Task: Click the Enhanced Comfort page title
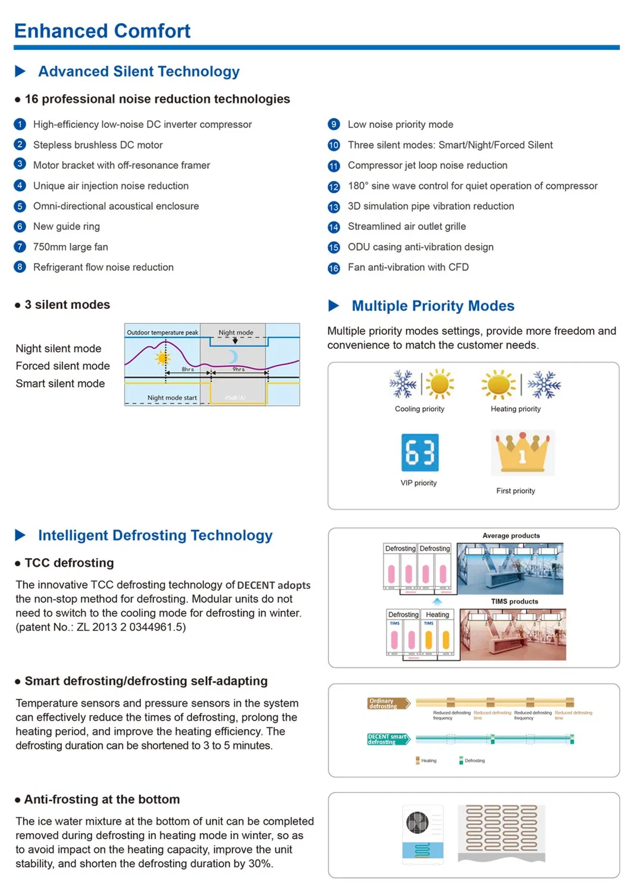[102, 31]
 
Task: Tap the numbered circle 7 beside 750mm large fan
[20, 247]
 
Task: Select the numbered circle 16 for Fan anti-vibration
[334, 268]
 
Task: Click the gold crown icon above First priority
[522, 452]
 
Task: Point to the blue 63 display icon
[420, 452]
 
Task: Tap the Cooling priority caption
[419, 409]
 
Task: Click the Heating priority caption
[515, 409]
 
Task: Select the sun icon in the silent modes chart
[162, 358]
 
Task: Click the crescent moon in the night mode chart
[233, 356]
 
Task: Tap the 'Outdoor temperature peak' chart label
[162, 332]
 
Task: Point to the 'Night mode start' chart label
[172, 398]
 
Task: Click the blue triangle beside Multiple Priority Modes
[334, 305]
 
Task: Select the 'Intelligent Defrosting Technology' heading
[155, 535]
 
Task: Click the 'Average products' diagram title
[511, 535]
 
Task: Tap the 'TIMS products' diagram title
[514, 601]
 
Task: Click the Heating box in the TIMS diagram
[437, 614]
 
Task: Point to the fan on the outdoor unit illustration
[417, 823]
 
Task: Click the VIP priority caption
[418, 483]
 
